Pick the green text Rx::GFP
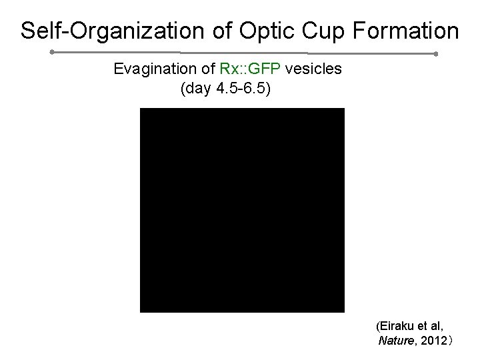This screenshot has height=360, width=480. coord(250,69)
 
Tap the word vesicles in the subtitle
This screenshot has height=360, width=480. coord(313,69)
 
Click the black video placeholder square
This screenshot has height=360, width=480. coord(242,210)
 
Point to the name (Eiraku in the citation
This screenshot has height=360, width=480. coord(396,327)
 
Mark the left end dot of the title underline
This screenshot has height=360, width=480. coord(51,51)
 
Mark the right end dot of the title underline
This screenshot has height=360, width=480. coord(435,53)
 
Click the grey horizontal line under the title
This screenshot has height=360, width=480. coord(243,52)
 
